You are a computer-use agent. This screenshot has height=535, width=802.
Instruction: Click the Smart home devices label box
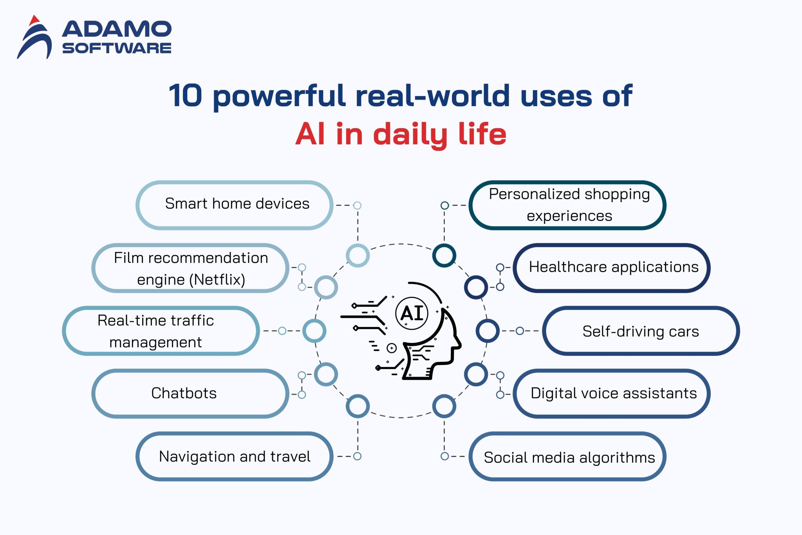tap(235, 205)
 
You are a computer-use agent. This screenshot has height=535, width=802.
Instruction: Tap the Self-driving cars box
tap(641, 331)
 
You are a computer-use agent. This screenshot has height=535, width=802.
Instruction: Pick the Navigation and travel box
tap(235, 457)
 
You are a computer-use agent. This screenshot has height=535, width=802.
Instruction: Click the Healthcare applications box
tap(612, 268)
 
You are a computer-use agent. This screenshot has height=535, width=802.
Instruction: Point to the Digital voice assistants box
tap(612, 394)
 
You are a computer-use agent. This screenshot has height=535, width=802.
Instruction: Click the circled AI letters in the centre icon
tap(412, 313)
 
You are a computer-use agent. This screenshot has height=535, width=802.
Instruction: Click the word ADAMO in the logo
tap(117, 29)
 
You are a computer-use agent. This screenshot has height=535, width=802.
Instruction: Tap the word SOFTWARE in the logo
tap(117, 48)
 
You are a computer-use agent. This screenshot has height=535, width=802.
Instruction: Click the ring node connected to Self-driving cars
tap(488, 331)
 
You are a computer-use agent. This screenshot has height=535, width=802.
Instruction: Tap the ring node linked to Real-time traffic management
tap(314, 331)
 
